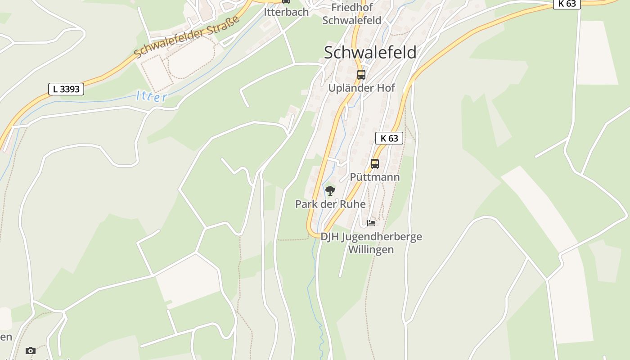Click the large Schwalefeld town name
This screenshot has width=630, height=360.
click(370, 52)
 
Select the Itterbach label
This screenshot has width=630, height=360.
click(286, 12)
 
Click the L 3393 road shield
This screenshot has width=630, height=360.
click(66, 89)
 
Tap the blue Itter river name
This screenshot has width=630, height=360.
click(152, 97)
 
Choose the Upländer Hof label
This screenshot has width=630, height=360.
click(361, 88)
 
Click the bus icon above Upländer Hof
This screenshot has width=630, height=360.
click(361, 75)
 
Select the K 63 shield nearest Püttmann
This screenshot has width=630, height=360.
click(389, 138)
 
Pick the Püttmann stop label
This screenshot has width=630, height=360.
click(374, 177)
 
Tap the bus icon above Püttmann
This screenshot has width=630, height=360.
click(374, 164)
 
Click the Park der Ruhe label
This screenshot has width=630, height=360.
click(330, 204)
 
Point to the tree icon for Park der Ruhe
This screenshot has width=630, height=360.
click(330, 191)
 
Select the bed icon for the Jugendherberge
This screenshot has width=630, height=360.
click(371, 223)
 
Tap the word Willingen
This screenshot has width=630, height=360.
click(371, 249)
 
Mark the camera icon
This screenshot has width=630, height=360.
click(30, 351)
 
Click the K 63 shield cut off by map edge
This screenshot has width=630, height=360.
click(567, 4)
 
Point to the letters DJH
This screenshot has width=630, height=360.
click(330, 237)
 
